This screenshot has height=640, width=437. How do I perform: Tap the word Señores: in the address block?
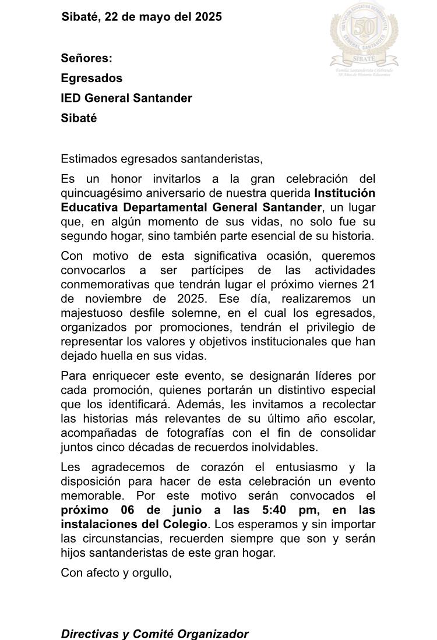click(x=86, y=58)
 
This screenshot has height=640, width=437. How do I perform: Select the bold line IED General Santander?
click(x=126, y=98)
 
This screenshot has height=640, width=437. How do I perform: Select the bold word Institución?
click(x=344, y=193)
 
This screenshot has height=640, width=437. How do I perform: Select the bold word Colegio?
click(x=186, y=524)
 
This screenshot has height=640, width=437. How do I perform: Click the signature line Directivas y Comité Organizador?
click(x=154, y=634)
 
